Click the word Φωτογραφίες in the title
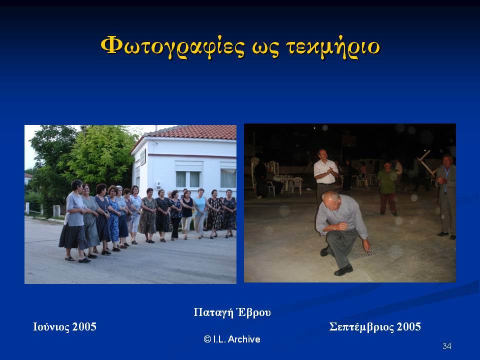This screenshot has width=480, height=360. [x=172, y=46]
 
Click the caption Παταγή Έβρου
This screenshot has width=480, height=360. [x=232, y=312]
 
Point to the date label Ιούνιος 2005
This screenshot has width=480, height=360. [x=64, y=327]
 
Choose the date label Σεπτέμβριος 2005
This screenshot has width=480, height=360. [x=375, y=327]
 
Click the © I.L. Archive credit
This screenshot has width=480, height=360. [x=232, y=339]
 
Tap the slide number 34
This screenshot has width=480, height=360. [x=446, y=346]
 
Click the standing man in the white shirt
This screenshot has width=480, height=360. [x=325, y=176]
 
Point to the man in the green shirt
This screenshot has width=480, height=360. [x=387, y=187]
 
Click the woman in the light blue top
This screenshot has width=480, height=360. [x=200, y=213]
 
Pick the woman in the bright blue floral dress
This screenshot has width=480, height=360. [x=113, y=218]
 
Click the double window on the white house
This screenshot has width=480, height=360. [x=188, y=179]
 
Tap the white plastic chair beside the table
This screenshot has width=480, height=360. [x=296, y=185]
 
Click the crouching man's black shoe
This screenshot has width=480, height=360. [x=343, y=270]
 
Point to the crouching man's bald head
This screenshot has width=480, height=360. [x=330, y=198]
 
